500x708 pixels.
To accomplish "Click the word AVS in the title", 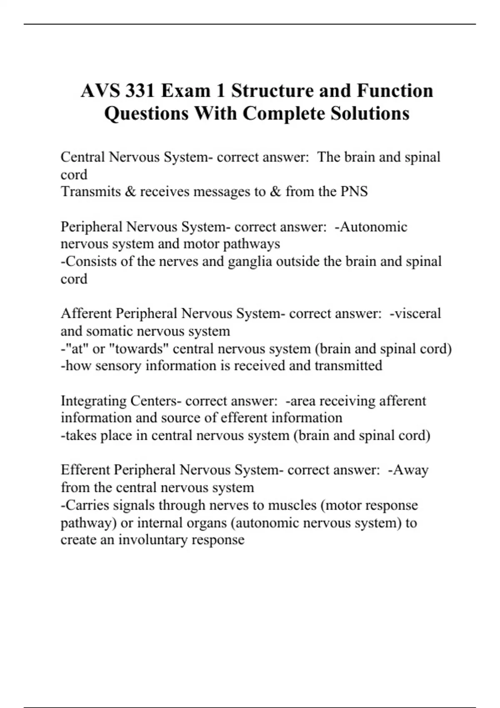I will click(x=99, y=91).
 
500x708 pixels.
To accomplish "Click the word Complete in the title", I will click(x=284, y=113).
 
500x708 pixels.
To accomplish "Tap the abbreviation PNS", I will click(x=354, y=192).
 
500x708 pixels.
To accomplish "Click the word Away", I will click(x=411, y=470).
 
